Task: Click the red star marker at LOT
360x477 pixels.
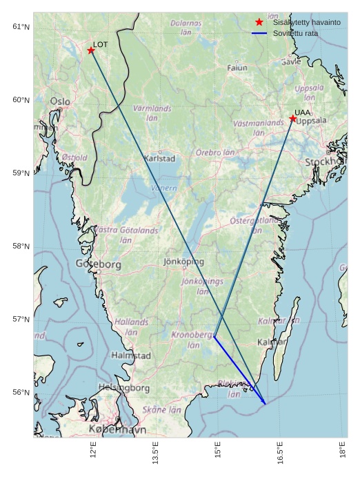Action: [91, 50]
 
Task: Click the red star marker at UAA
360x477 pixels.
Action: [293, 119]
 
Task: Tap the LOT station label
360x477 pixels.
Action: [101, 44]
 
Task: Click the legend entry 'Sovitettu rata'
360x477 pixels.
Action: [295, 33]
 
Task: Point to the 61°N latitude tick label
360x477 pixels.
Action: [21, 27]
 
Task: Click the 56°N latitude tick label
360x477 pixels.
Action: [21, 393]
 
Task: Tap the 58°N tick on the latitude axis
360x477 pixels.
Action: [21, 246]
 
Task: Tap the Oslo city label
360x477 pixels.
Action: [59, 101]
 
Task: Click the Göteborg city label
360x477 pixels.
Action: [98, 264]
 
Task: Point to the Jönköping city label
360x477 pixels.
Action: [183, 262]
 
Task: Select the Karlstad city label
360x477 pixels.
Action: [159, 158]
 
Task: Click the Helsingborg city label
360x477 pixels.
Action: [124, 388]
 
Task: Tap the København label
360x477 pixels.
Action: [117, 429]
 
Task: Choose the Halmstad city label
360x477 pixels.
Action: [130, 356]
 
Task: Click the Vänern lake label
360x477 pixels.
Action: [163, 188]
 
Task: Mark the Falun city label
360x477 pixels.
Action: [237, 68]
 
